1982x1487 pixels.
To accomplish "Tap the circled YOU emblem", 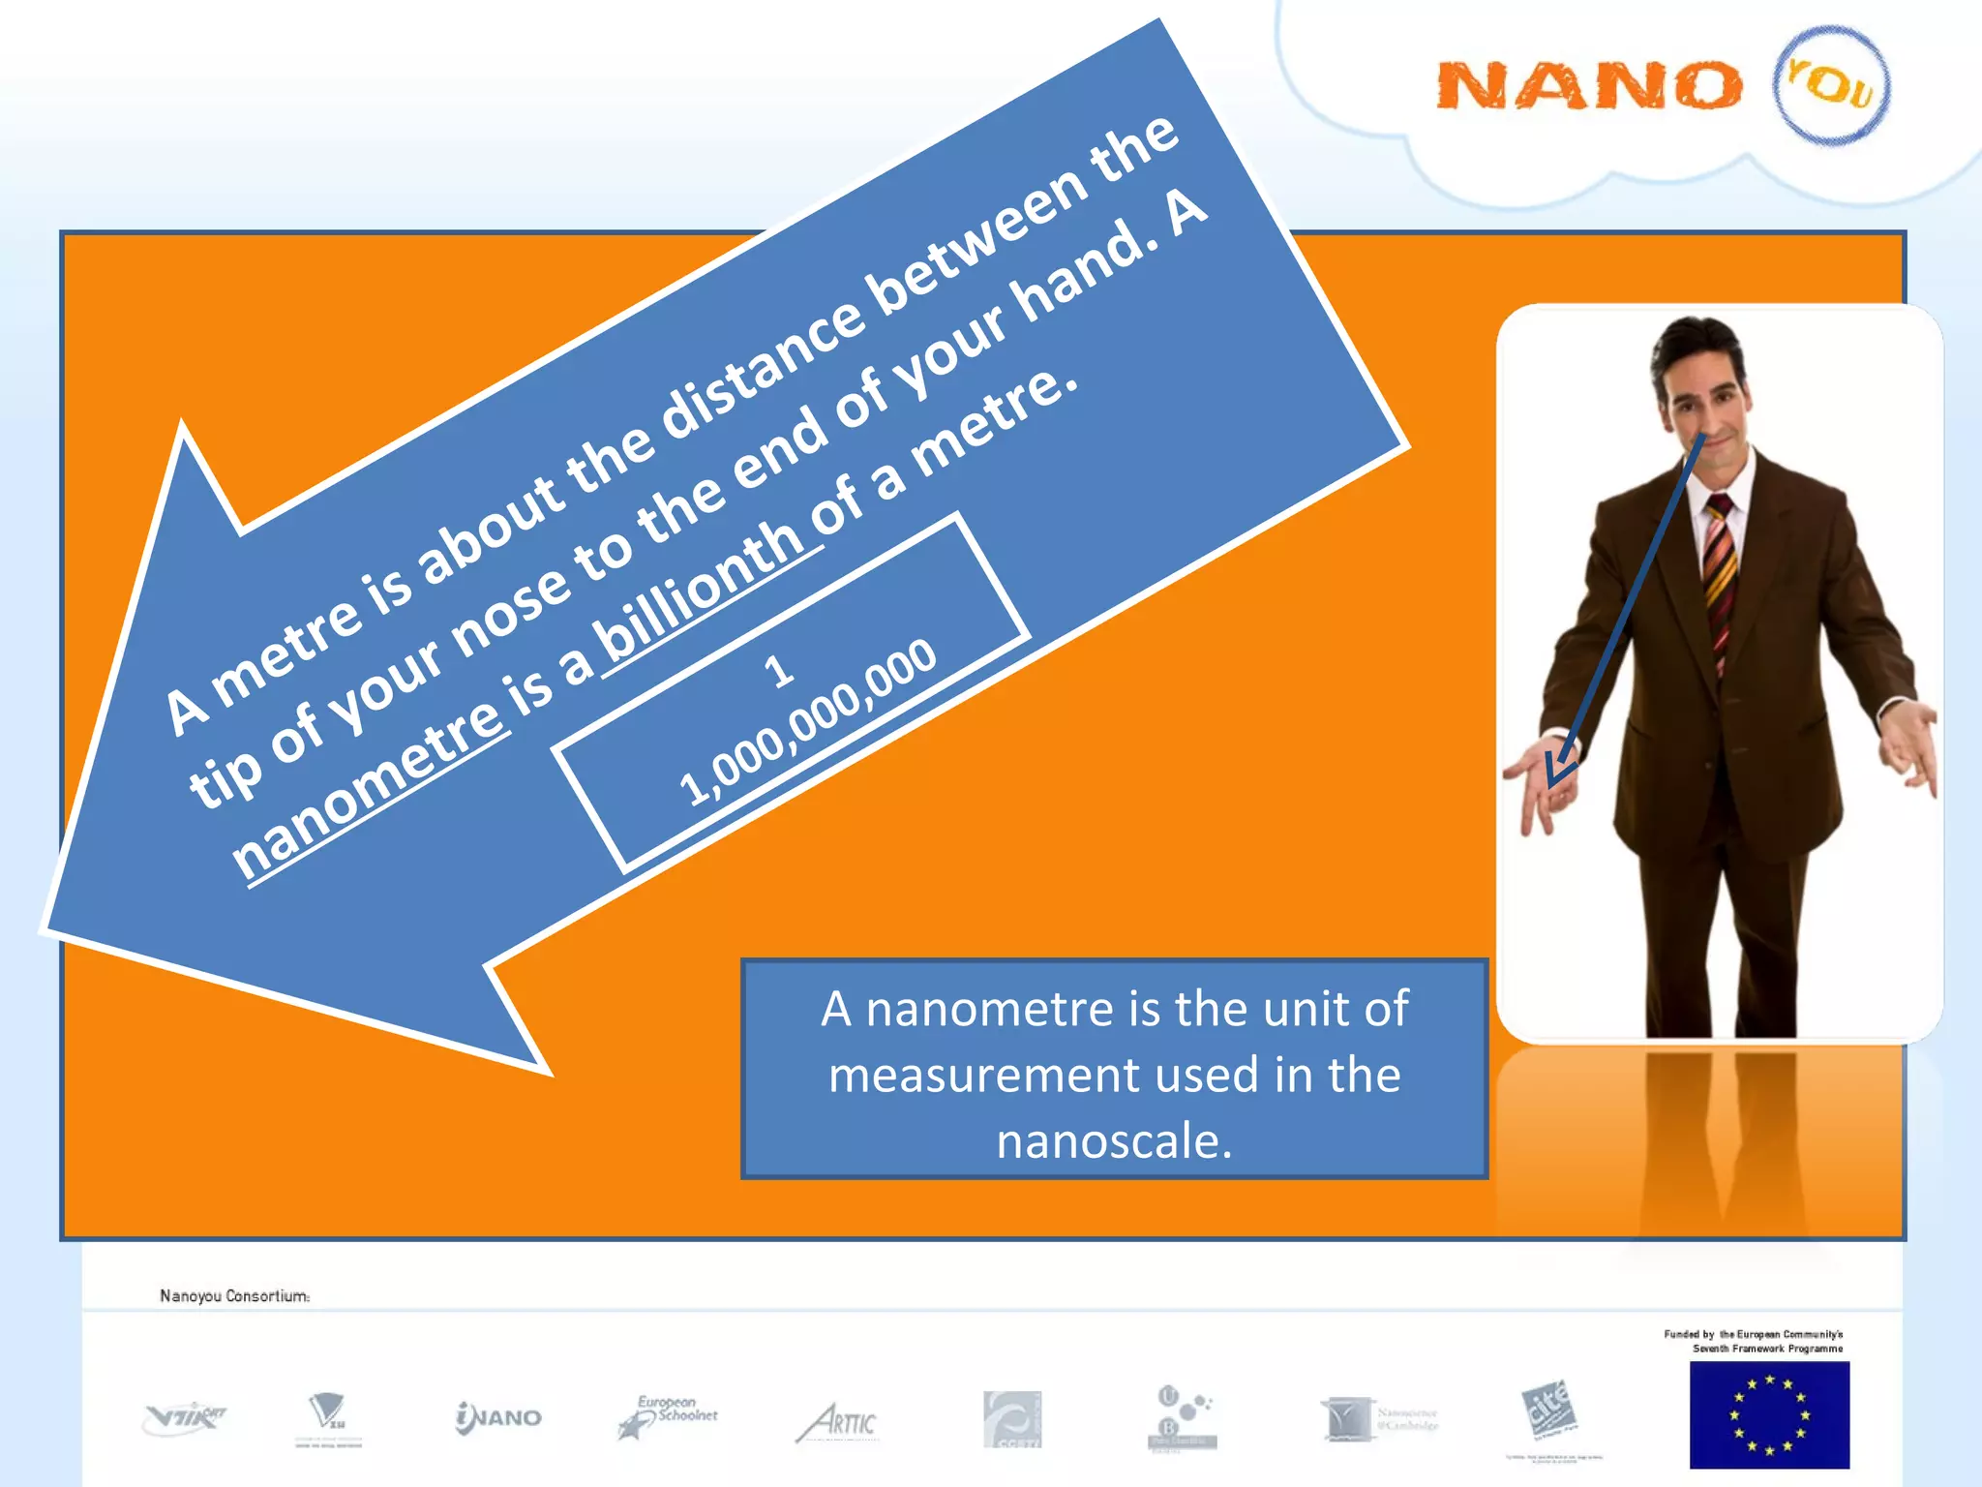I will click(x=1831, y=85).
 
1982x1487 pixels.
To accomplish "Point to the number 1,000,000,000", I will click(x=809, y=721).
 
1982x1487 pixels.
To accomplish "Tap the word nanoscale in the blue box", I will click(x=1114, y=1140).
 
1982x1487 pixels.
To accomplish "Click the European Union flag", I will click(x=1769, y=1414).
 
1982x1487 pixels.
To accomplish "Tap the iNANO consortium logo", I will click(x=498, y=1417).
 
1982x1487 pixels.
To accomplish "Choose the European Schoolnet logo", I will click(x=669, y=1417).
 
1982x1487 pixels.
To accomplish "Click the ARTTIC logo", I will click(x=837, y=1422).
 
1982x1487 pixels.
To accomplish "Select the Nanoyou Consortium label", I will click(x=234, y=1295).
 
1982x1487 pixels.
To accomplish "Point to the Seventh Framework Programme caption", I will click(x=1767, y=1348).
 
